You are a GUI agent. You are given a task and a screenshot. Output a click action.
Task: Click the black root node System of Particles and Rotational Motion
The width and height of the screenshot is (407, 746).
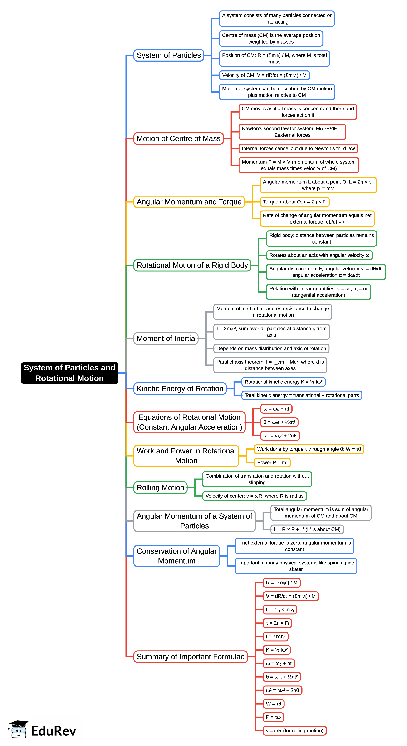[69, 373]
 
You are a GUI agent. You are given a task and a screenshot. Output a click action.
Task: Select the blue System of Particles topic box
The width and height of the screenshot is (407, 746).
[169, 55]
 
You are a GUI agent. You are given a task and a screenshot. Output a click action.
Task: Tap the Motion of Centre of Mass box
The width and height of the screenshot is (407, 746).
[178, 139]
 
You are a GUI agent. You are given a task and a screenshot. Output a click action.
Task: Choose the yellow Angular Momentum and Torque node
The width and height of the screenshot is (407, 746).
[189, 202]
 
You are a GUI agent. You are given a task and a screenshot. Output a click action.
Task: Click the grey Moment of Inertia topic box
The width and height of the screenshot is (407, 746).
[166, 339]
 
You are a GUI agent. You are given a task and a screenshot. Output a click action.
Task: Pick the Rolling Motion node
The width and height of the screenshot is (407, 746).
[160, 488]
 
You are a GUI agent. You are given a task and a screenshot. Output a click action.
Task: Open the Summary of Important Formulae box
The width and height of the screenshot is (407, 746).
[190, 657]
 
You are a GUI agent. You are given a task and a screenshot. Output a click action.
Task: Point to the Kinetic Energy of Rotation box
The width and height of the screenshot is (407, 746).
[180, 389]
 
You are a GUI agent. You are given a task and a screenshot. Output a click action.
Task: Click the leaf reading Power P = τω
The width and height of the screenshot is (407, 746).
[272, 462]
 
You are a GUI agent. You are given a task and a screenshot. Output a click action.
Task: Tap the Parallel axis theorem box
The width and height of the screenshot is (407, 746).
[270, 365]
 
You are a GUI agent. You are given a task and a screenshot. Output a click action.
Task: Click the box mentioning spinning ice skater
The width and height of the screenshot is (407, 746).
[296, 566]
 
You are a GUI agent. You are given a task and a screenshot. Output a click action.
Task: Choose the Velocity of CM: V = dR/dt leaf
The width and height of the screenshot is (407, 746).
[264, 75]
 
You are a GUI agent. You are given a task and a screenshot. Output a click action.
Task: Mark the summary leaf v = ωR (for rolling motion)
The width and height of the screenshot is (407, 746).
[294, 731]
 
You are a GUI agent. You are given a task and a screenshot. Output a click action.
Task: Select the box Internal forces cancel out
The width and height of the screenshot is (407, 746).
[298, 149]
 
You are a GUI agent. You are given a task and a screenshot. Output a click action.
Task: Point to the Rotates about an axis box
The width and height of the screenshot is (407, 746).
[319, 255]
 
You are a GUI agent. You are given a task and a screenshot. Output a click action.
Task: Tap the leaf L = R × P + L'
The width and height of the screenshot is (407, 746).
[307, 529]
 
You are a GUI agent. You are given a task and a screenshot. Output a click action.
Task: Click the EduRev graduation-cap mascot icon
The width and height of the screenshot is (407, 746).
[19, 729]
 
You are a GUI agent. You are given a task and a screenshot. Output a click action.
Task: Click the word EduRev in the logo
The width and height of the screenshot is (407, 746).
[53, 731]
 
